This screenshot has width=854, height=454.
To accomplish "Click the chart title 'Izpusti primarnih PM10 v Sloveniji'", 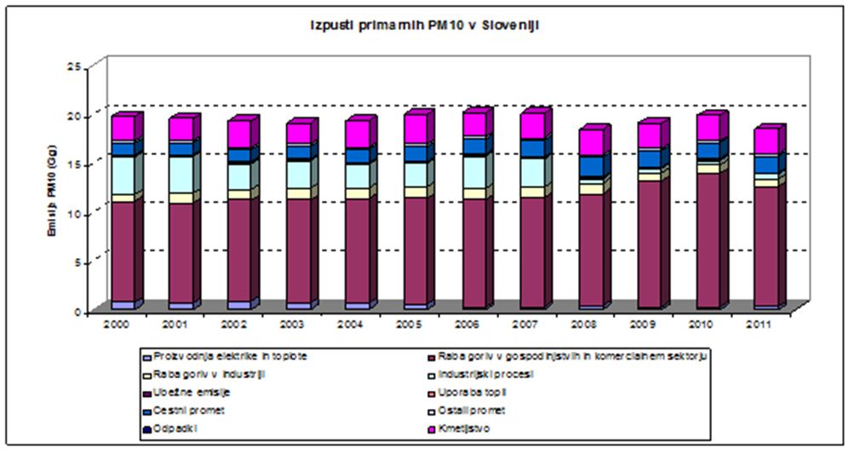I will tap(425, 26).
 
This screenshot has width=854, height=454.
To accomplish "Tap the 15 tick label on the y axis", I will tap(73, 164).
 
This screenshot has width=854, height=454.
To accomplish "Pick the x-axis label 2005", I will tap(416, 324).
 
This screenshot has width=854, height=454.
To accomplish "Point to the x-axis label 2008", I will tap(590, 324).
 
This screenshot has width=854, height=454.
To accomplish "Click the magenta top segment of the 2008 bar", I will tap(591, 142).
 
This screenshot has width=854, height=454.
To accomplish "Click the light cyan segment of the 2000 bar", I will tap(123, 175).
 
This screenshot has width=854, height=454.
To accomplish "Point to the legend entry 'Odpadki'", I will tap(173, 428).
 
